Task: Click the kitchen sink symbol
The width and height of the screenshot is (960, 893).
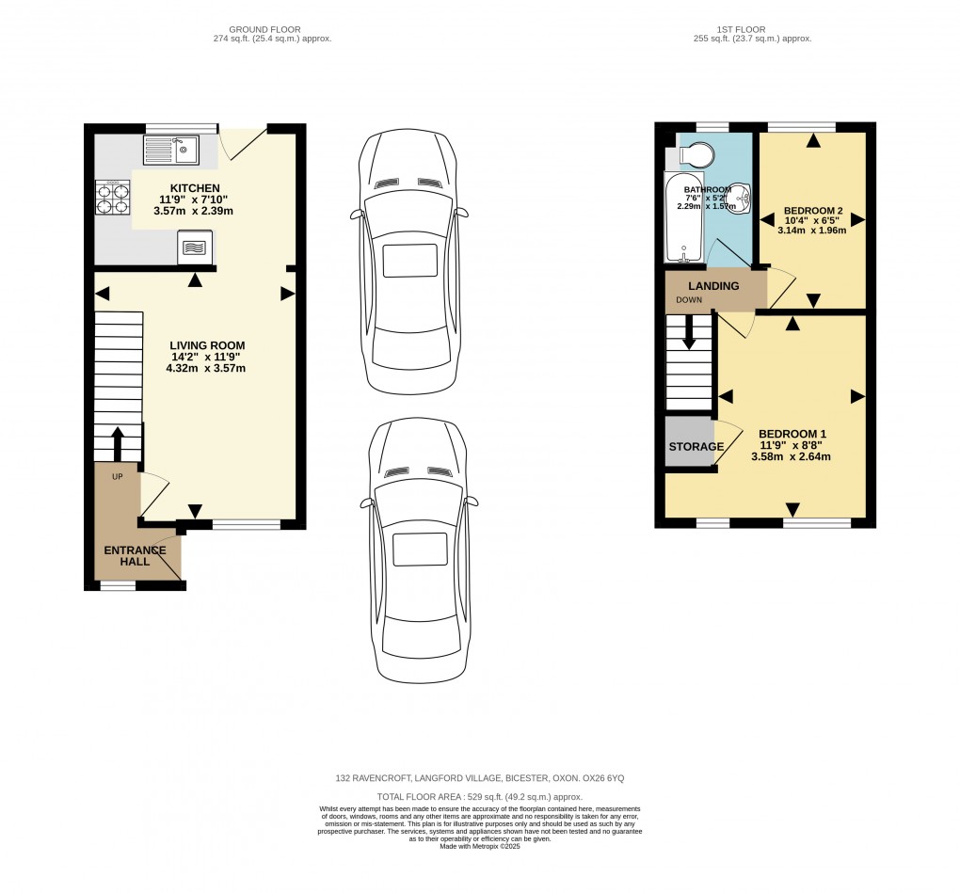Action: [x=170, y=150]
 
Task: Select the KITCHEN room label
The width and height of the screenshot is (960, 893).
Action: [x=195, y=188]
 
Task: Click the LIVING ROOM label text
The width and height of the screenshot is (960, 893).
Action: [x=207, y=345]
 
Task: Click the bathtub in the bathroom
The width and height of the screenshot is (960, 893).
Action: [x=682, y=217]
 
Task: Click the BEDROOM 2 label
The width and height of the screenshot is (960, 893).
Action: [x=815, y=211]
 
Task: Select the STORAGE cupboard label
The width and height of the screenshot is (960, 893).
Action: [x=696, y=447]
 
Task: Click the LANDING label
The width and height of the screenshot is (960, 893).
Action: [x=713, y=286]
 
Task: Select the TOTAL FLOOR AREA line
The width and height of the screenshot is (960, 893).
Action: [x=480, y=797]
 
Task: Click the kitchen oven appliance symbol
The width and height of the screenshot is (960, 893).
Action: [x=194, y=248]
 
